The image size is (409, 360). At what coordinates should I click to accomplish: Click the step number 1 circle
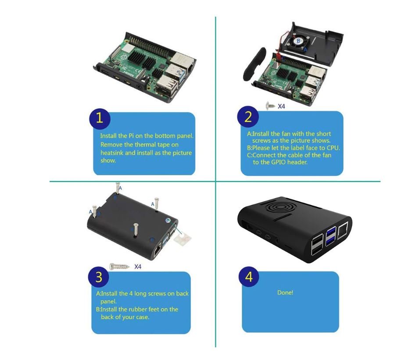100,118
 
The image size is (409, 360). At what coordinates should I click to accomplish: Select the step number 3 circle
98,278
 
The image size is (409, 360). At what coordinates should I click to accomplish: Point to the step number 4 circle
249,277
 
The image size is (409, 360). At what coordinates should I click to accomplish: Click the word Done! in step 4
285,292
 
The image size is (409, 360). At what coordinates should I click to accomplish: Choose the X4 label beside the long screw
138,266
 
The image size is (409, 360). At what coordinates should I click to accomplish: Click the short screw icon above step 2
271,106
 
